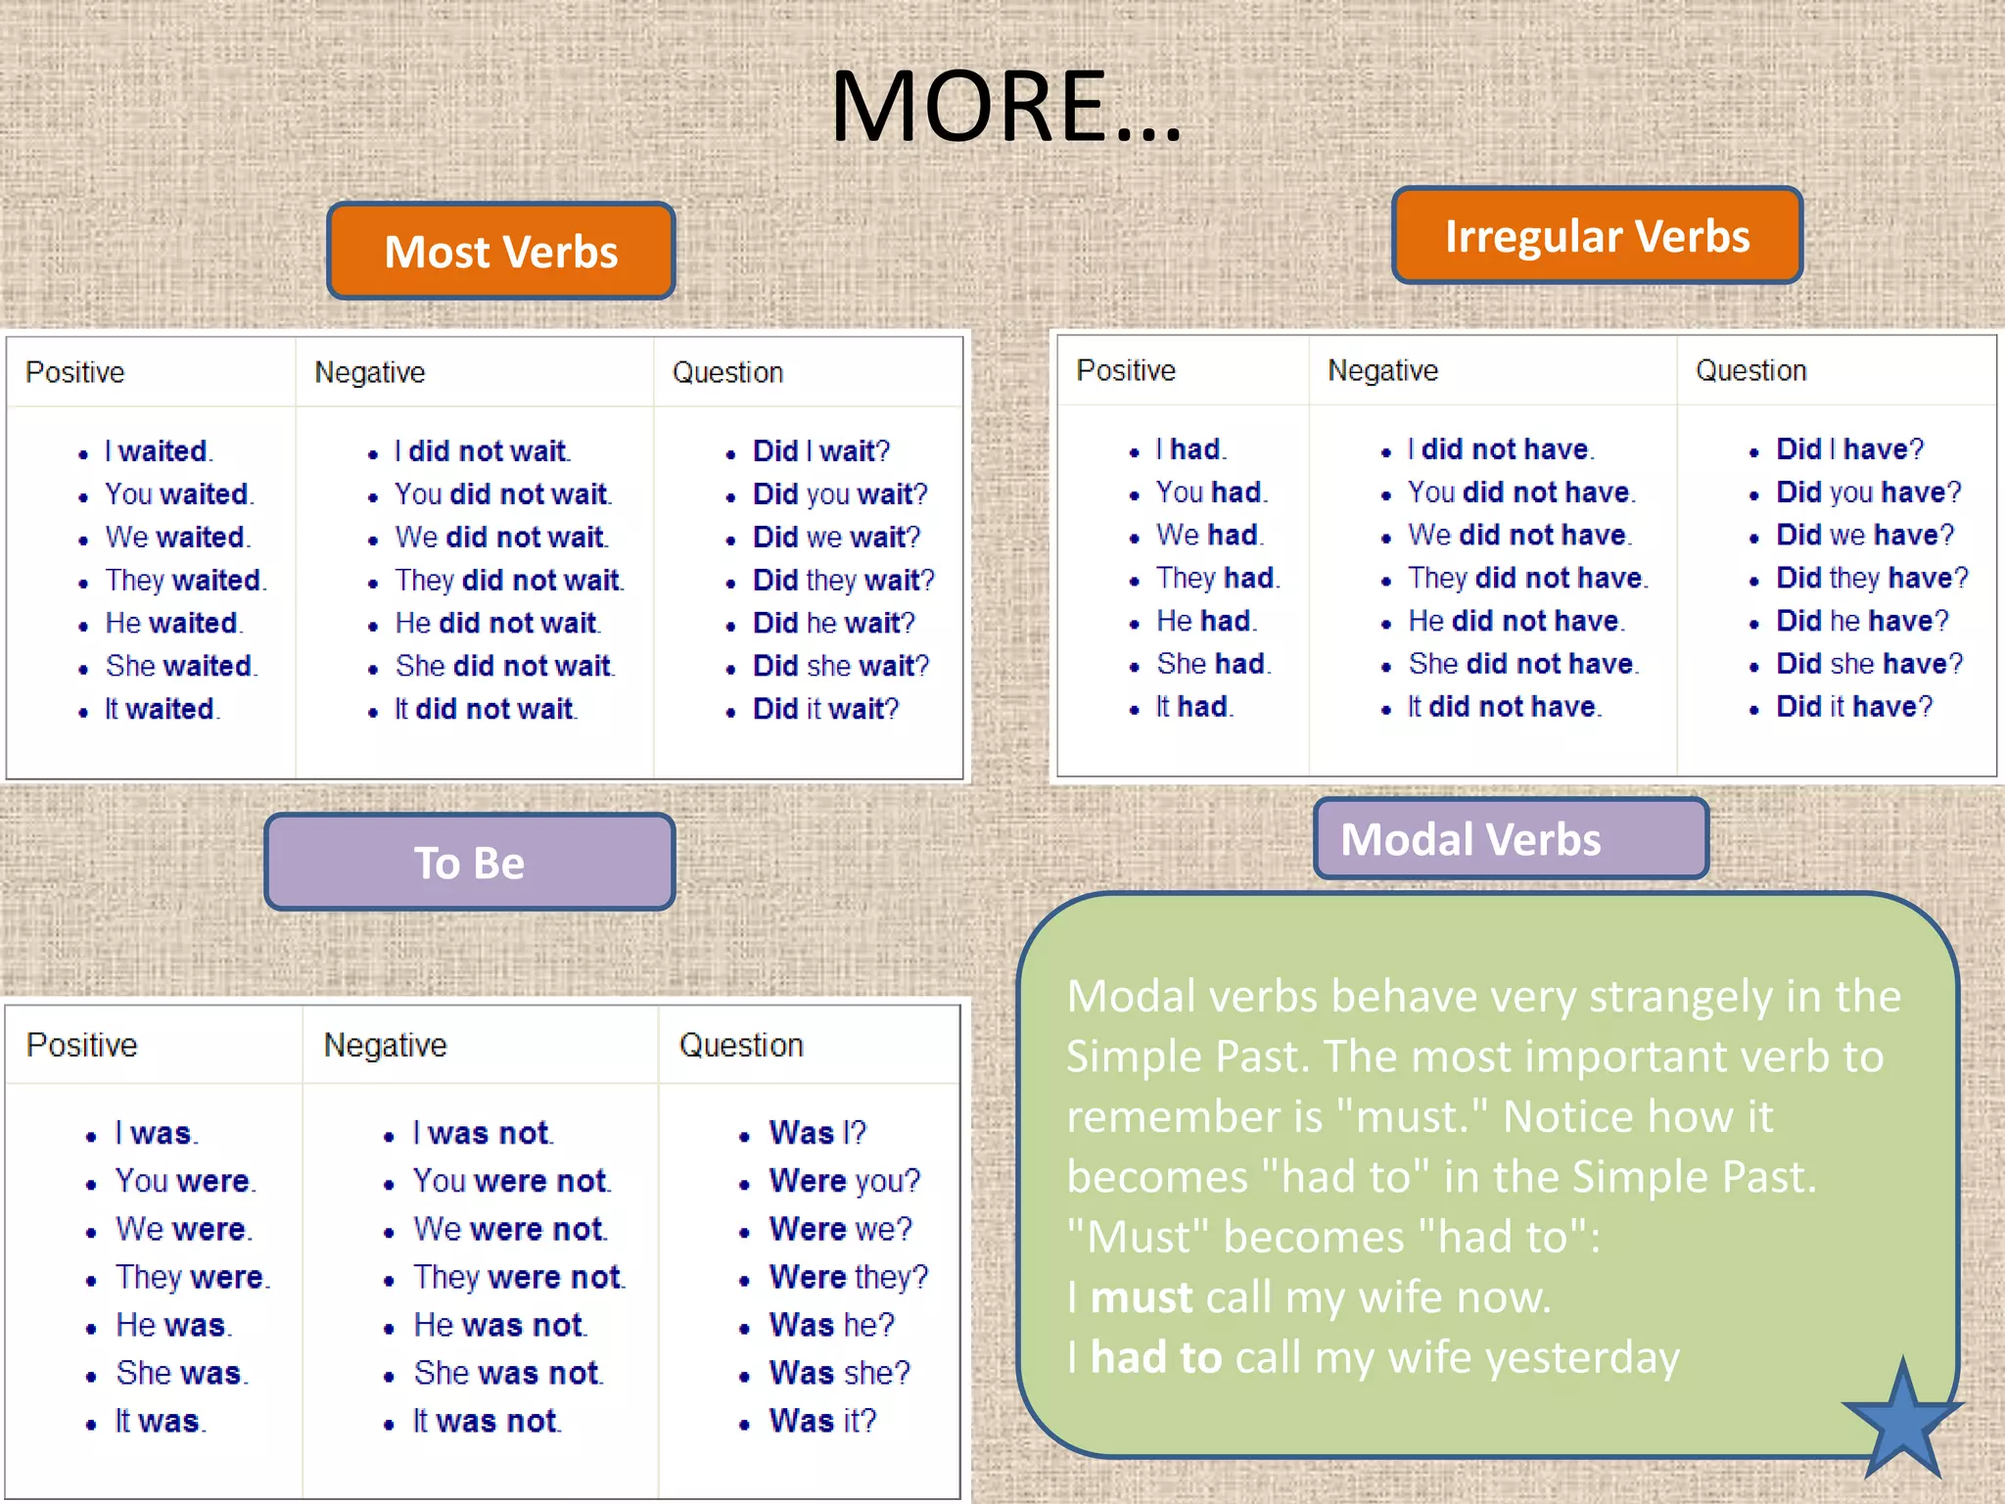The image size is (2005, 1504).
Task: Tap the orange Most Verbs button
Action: [501, 252]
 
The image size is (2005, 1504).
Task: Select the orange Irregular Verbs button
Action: [1597, 236]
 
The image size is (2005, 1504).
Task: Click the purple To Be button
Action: [470, 863]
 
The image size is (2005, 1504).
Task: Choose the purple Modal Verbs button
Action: [1511, 839]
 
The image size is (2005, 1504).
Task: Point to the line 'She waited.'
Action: [181, 666]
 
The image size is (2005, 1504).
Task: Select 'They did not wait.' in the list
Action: [509, 580]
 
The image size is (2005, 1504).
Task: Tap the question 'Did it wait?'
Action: [825, 709]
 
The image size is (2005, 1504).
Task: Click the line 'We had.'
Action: [1210, 535]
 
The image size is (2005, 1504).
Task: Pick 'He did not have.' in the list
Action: [1516, 621]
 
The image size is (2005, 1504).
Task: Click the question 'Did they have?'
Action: [1872, 578]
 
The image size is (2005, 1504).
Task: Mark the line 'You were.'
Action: [185, 1181]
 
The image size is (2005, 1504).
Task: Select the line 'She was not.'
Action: [508, 1373]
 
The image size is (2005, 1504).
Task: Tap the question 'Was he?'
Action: [832, 1325]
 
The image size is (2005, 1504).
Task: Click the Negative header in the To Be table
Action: [386, 1046]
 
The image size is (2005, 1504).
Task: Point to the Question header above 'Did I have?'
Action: [1751, 370]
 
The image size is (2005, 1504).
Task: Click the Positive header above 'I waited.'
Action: [75, 372]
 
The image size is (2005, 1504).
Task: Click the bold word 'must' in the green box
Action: [1142, 1297]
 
